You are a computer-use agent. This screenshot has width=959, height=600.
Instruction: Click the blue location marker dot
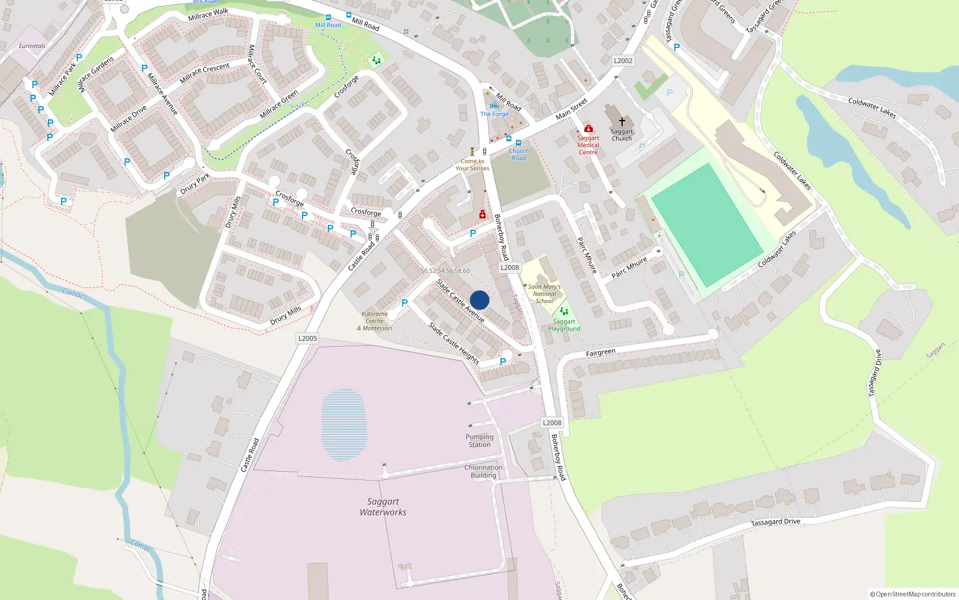[x=479, y=300]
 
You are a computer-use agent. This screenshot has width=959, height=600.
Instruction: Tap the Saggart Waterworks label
[x=383, y=507]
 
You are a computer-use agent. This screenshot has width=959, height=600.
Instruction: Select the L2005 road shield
[x=307, y=338]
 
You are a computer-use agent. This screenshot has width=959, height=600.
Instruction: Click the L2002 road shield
[x=623, y=61]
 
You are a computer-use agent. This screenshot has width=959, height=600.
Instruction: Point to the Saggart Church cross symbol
[x=622, y=122]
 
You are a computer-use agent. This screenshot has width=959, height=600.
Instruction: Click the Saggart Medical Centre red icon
[x=589, y=128]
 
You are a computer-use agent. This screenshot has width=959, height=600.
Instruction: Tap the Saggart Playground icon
[x=563, y=311]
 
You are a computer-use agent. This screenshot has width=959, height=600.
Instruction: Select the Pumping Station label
[x=479, y=440]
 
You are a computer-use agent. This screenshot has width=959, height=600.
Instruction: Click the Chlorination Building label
[x=483, y=471]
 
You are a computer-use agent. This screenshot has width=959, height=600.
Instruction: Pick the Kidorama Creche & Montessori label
[x=375, y=321]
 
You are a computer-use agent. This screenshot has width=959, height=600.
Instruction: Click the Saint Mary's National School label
[x=544, y=294]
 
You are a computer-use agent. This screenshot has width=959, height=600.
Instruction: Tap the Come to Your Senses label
[x=472, y=165]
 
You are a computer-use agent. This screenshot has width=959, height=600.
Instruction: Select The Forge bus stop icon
[x=494, y=106]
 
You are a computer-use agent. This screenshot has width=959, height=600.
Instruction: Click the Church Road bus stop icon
[x=518, y=143]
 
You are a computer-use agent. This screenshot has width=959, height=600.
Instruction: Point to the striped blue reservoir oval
[x=343, y=425]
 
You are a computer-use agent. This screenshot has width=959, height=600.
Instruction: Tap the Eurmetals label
[x=32, y=46]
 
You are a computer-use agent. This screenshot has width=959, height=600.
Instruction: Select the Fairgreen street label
[x=601, y=353]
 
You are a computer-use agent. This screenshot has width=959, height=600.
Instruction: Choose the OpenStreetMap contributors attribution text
[x=912, y=594]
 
